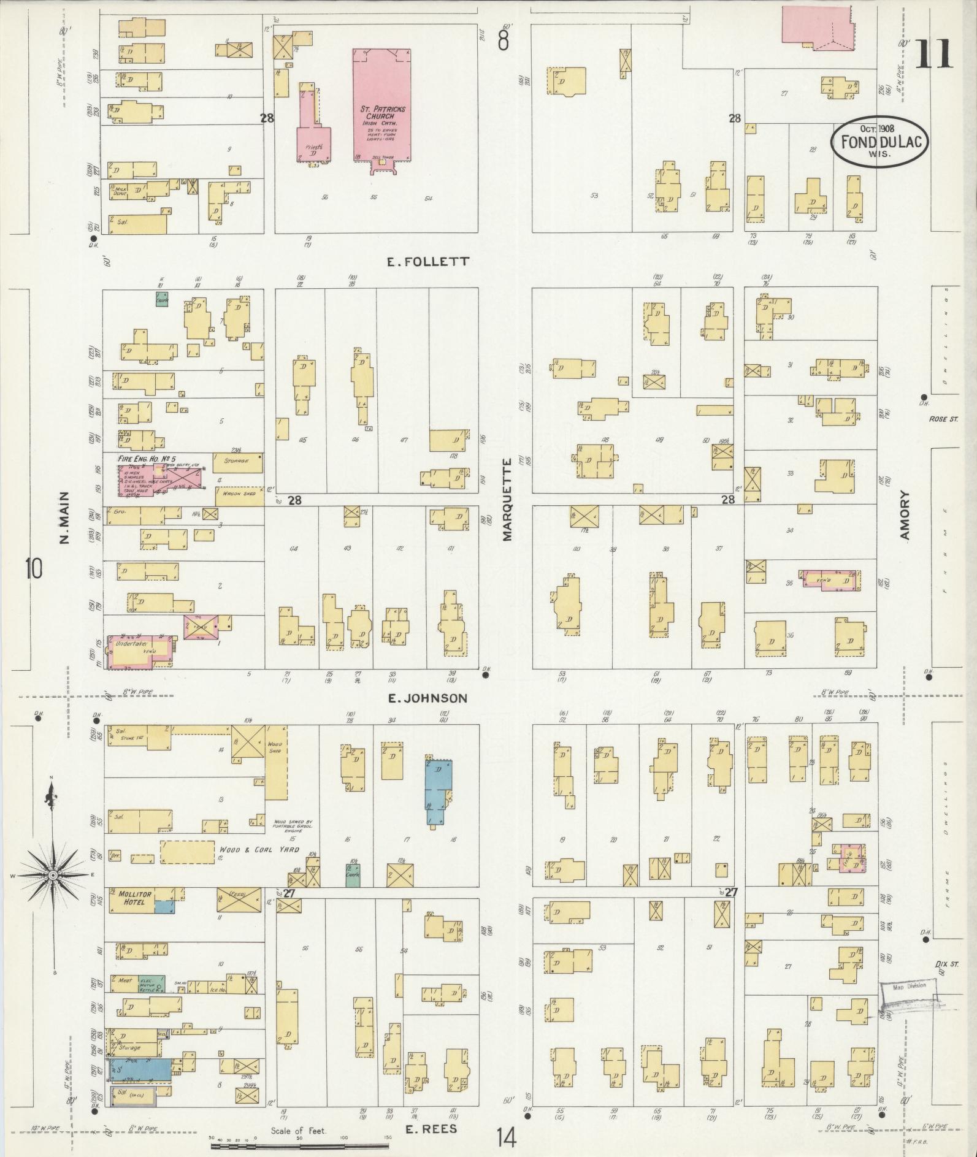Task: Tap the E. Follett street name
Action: [428, 261]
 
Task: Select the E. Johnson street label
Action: [427, 698]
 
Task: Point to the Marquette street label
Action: [507, 500]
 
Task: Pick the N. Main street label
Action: [65, 517]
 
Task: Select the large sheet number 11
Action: [934, 53]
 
